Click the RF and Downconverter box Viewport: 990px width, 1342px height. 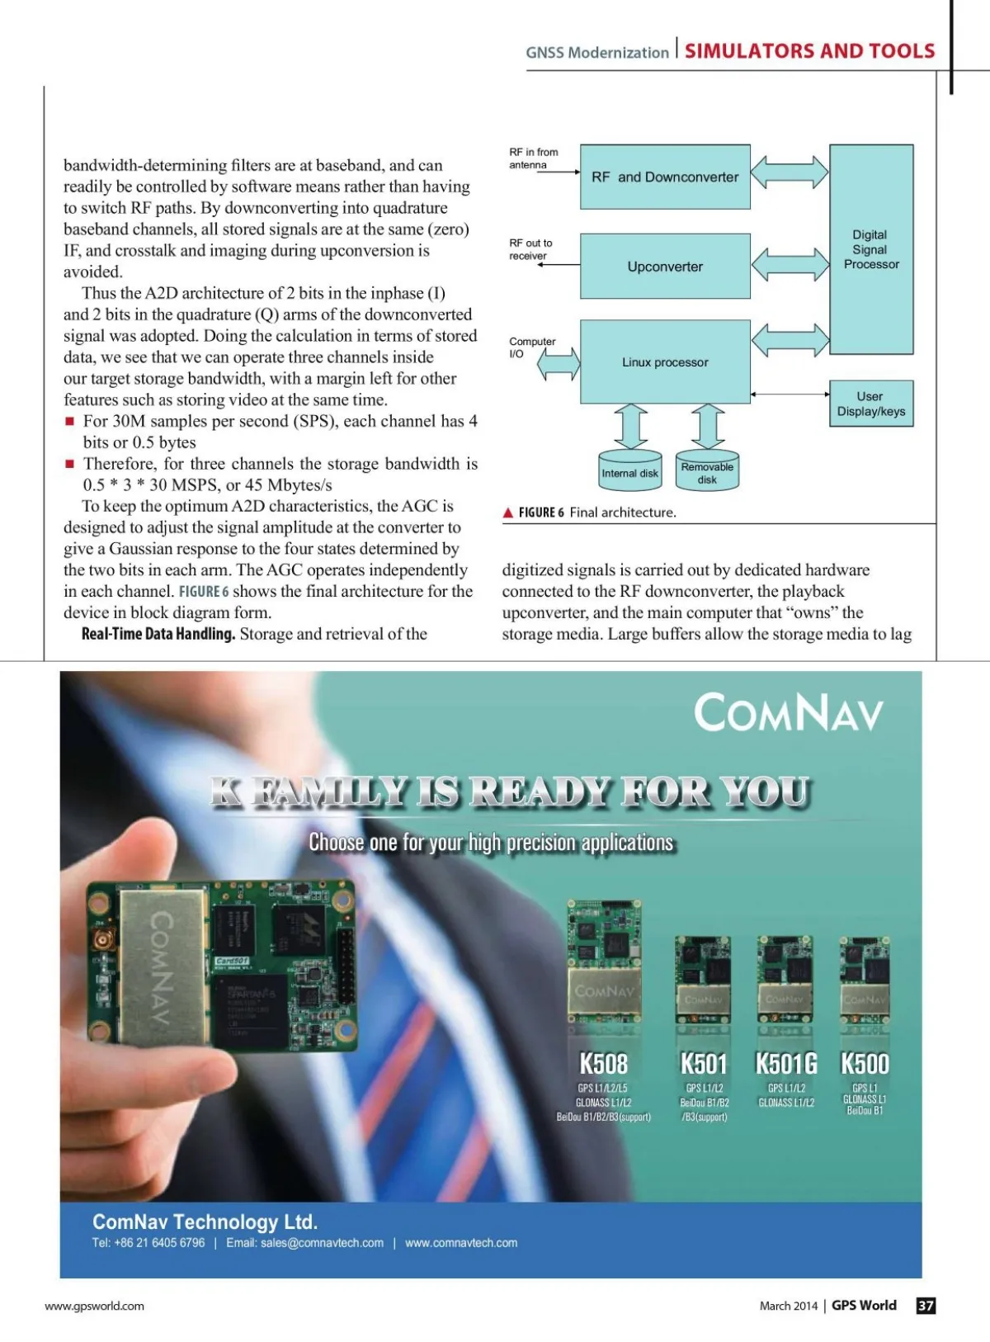click(x=665, y=177)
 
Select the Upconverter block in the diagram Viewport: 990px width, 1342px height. click(x=665, y=267)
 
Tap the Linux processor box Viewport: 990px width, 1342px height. click(x=665, y=361)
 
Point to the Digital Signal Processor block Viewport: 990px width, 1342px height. click(x=871, y=249)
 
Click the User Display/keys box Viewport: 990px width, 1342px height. click(x=871, y=404)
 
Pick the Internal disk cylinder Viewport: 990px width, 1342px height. click(x=630, y=472)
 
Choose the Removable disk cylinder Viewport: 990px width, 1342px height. click(x=707, y=472)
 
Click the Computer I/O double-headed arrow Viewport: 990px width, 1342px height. click(x=559, y=363)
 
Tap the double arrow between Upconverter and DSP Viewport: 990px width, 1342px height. click(x=790, y=264)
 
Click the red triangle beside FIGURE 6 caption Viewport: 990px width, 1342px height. click(x=508, y=513)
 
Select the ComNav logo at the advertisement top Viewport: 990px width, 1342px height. click(x=788, y=713)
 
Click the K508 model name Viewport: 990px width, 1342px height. click(x=603, y=1064)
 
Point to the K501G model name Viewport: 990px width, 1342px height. click(x=786, y=1064)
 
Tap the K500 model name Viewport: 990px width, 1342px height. click(x=865, y=1064)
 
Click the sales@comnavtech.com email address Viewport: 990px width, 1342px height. click(x=322, y=1243)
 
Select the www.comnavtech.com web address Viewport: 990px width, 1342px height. click(x=461, y=1243)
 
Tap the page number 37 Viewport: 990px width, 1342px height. click(x=926, y=1306)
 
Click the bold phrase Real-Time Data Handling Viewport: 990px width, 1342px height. click(x=158, y=634)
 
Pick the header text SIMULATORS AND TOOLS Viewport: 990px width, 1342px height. click(x=809, y=51)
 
